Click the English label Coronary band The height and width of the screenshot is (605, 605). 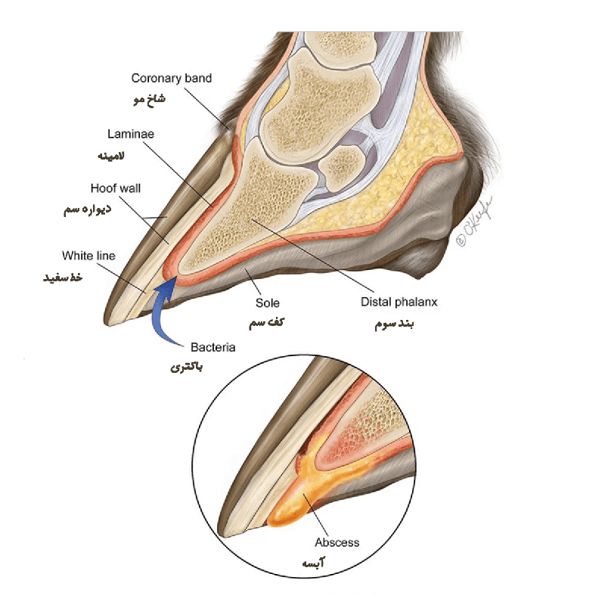(x=172, y=79)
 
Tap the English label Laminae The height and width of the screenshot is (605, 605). (x=131, y=135)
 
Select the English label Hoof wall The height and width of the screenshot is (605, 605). (x=116, y=188)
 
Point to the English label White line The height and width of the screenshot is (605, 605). (x=88, y=256)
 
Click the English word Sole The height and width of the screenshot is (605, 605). (x=268, y=303)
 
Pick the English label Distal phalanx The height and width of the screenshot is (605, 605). (x=399, y=302)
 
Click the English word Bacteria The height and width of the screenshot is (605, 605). (x=213, y=347)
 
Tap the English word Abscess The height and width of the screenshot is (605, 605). (x=337, y=542)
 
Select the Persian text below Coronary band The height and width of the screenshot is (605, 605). (x=149, y=99)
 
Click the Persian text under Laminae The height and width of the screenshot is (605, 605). (x=111, y=156)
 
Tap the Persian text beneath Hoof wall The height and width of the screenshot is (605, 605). (x=88, y=209)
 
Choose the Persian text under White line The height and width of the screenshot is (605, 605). (x=63, y=278)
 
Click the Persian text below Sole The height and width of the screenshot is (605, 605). (x=266, y=323)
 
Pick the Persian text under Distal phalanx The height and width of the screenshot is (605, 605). (x=394, y=324)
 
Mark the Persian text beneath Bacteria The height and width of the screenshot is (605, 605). (x=186, y=367)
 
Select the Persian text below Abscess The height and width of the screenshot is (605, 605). (x=313, y=563)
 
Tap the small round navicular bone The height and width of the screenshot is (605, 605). (x=342, y=168)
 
